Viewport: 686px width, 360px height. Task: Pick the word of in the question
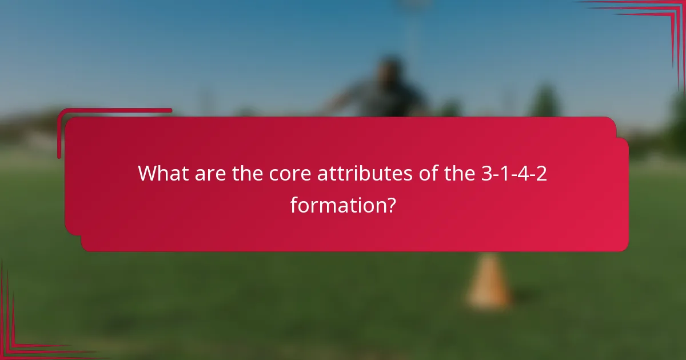pos(422,173)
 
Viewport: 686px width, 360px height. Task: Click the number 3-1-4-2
pos(513,173)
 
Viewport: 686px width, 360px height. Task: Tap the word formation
pos(336,205)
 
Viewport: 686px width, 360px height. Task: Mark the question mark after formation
pos(390,205)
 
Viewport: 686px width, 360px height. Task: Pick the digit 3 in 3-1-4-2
pos(486,173)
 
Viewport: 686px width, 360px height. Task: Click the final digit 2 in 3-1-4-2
pos(541,173)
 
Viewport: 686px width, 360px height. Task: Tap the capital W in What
pos(147,173)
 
